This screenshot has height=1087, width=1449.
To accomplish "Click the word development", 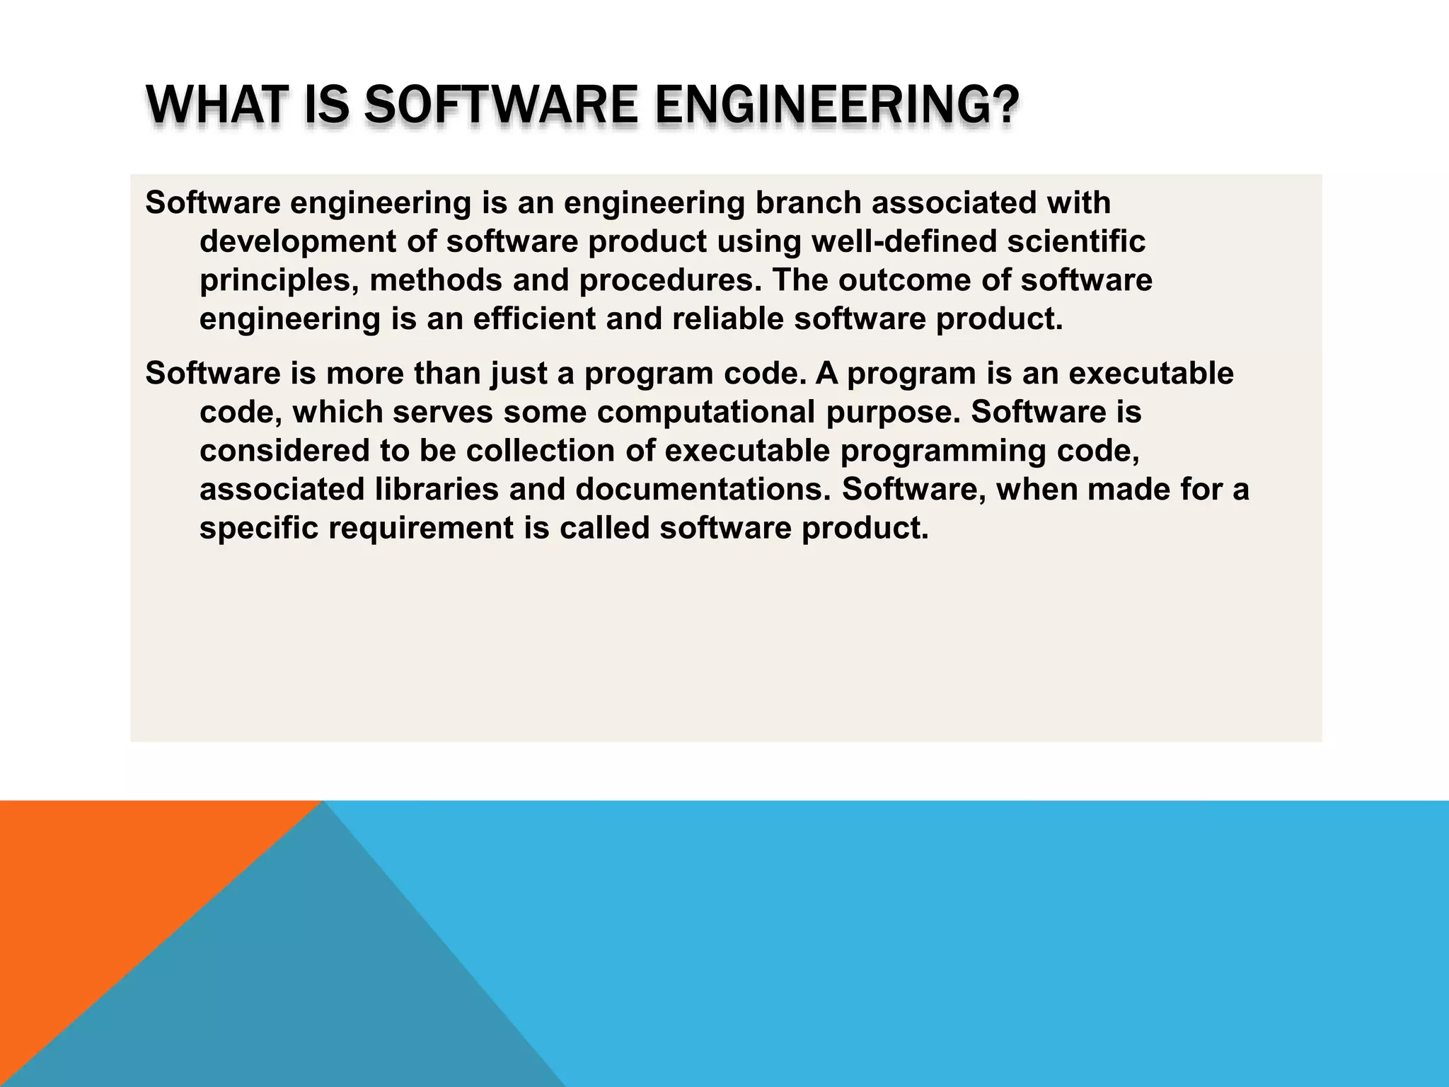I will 298,242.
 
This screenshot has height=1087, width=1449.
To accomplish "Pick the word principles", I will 279,281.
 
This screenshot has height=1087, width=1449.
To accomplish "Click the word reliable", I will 727,320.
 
